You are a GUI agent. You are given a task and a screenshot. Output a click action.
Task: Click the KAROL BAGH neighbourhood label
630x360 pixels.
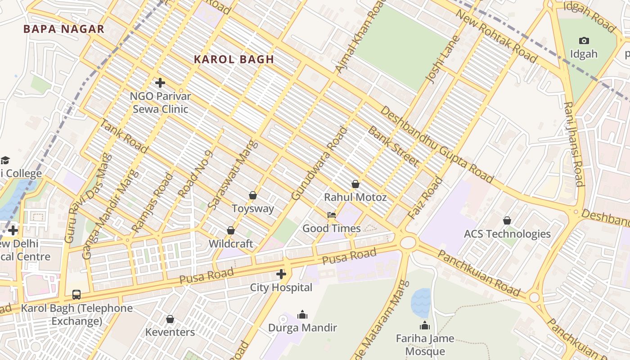click(x=234, y=59)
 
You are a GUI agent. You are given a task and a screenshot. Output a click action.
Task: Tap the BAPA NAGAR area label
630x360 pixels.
click(x=64, y=29)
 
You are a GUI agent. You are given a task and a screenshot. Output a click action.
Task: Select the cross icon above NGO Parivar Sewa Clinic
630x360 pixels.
click(x=160, y=83)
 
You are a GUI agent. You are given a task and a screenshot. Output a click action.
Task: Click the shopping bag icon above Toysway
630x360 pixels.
click(x=252, y=195)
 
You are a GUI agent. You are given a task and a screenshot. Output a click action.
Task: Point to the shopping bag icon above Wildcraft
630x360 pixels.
click(x=231, y=230)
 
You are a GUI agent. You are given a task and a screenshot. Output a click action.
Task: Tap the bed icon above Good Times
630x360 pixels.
click(x=332, y=215)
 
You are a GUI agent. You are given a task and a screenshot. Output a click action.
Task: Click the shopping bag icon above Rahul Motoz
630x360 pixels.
click(x=355, y=184)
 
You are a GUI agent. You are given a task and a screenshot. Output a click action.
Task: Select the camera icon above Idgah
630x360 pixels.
click(x=584, y=40)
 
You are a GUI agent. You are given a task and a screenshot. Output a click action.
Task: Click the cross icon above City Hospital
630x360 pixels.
click(x=281, y=274)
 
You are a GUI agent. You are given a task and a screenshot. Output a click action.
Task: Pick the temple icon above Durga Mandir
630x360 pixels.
click(x=302, y=314)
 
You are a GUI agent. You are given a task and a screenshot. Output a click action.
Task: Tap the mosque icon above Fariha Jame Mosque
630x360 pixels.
click(x=425, y=325)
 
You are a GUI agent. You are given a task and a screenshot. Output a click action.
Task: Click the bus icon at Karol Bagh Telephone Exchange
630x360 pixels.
click(x=76, y=295)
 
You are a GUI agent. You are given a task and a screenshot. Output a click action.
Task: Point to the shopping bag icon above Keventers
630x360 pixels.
click(x=170, y=319)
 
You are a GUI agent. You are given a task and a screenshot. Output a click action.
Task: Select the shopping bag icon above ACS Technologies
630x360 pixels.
click(x=507, y=220)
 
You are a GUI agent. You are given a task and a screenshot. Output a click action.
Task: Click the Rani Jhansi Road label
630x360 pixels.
click(x=574, y=144)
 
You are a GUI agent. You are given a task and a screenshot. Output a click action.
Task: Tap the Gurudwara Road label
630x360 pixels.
click(x=320, y=164)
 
